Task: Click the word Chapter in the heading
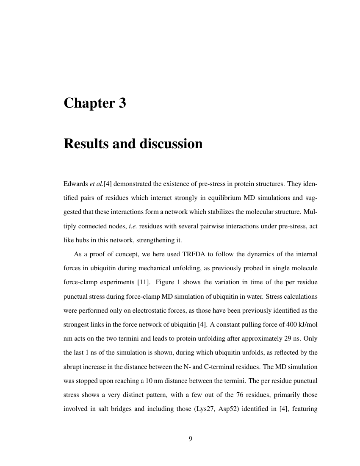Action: click(88, 103)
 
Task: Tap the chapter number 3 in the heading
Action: click(122, 103)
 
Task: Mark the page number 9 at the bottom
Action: click(190, 439)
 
